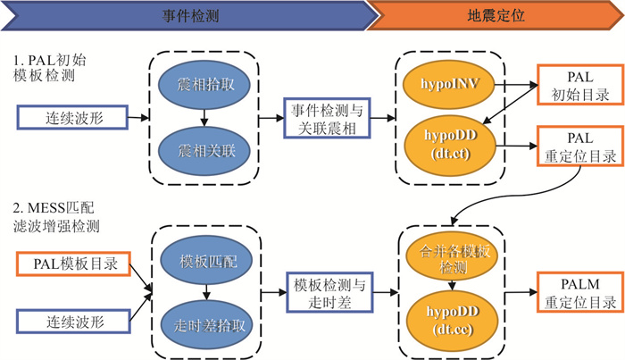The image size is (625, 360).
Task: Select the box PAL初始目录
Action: coord(572,86)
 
